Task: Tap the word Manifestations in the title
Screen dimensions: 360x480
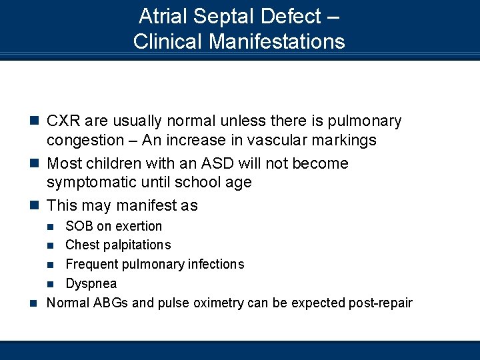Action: pos(277,41)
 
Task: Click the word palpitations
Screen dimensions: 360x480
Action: pos(137,245)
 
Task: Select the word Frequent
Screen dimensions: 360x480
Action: pos(91,265)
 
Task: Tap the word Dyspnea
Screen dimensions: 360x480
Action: pos(91,284)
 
